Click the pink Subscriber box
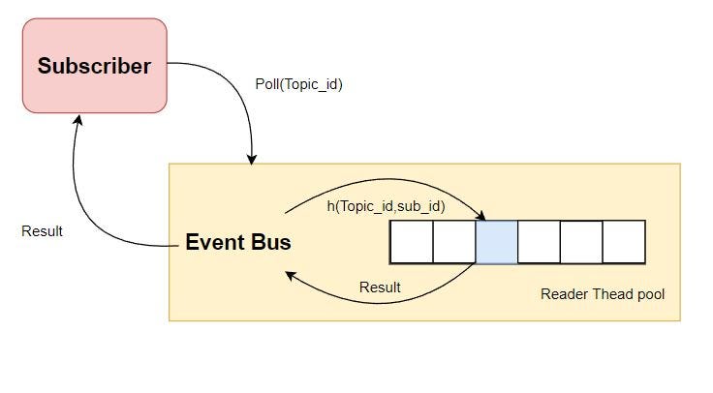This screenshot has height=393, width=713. click(95, 66)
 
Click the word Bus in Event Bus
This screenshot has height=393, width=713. click(271, 242)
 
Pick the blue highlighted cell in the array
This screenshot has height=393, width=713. click(496, 242)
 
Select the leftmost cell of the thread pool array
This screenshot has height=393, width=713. click(411, 242)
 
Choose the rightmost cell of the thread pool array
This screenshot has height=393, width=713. click(624, 242)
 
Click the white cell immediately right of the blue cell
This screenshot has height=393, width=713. click(539, 242)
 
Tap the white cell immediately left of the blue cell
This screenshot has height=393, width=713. click(453, 242)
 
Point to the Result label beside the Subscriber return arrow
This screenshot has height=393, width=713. click(42, 231)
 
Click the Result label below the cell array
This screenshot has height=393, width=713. click(380, 287)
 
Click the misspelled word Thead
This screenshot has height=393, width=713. click(608, 293)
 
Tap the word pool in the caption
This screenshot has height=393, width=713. click(649, 293)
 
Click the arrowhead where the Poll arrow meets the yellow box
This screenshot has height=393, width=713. click(253, 157)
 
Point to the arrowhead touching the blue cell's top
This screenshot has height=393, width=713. click(481, 216)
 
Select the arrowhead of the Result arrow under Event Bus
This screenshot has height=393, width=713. click(288, 275)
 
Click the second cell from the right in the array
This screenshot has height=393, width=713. click(581, 242)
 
